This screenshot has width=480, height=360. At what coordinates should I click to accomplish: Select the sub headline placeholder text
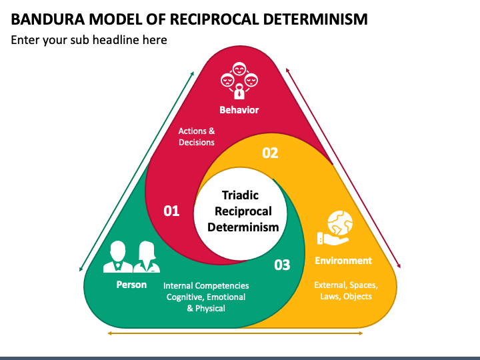tap(89, 40)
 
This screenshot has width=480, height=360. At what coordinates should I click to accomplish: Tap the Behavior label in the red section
tap(239, 109)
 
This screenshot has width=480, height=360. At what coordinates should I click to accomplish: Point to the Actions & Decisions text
tap(197, 137)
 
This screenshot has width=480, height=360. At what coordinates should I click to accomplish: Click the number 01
tap(172, 211)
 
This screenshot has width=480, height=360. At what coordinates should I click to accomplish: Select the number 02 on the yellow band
tap(269, 153)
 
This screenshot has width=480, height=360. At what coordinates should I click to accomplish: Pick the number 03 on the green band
tap(282, 265)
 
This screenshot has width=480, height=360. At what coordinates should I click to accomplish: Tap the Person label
tap(131, 285)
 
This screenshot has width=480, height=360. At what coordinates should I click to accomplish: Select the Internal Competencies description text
tap(206, 297)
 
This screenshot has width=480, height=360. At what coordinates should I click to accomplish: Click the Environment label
tap(343, 261)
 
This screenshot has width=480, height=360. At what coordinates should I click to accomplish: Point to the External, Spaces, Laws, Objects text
tap(346, 291)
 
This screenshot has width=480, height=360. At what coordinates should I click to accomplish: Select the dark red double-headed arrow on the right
tap(343, 167)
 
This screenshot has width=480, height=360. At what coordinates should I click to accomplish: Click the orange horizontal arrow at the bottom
tap(239, 333)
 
